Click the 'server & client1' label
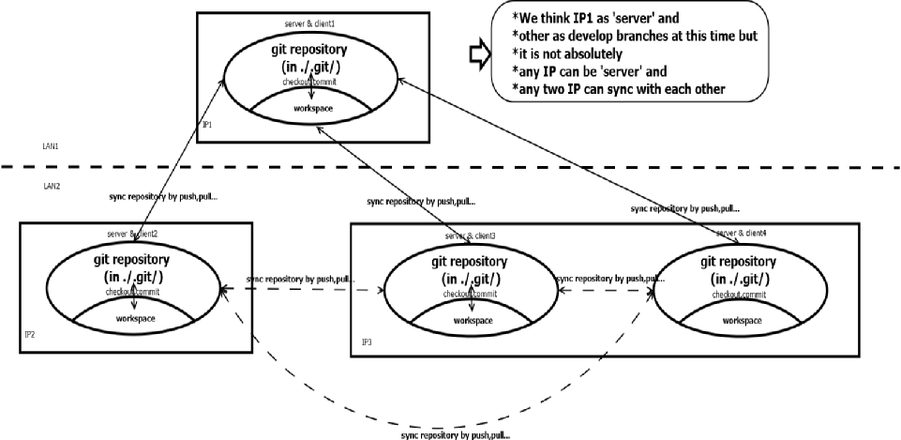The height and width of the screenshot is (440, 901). (309, 22)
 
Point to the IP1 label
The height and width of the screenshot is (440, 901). (208, 124)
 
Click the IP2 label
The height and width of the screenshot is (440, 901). (28, 333)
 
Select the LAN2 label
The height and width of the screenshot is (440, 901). (51, 186)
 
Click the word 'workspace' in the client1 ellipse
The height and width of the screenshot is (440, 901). (312, 108)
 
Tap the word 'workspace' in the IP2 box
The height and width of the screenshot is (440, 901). (135, 319)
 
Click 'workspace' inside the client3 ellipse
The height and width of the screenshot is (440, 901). (470, 321)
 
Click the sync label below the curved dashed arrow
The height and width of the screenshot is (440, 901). (457, 435)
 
